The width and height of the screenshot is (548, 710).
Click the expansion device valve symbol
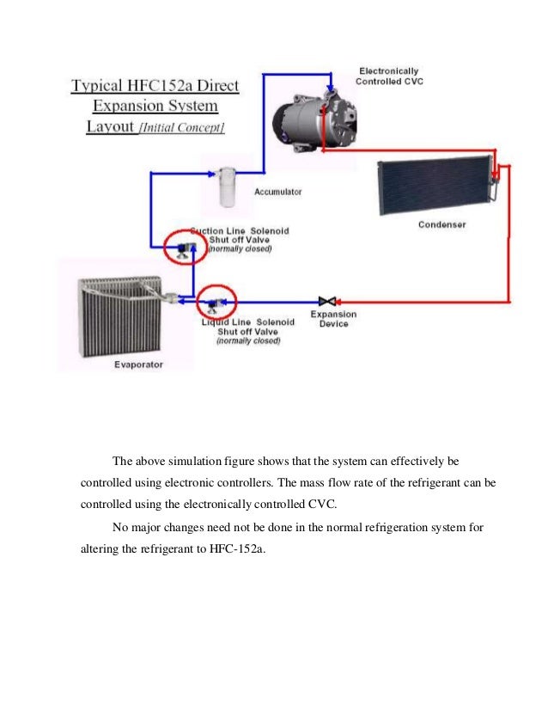pos(326,301)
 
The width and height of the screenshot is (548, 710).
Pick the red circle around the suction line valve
pos(181,249)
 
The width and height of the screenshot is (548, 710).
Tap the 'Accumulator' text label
pos(277,193)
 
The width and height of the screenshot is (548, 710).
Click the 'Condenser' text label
pos(441,225)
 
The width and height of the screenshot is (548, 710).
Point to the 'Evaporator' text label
pos(138,364)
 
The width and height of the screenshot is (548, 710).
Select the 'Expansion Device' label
pos(333,319)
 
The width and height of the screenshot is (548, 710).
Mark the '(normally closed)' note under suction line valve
pos(241,249)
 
